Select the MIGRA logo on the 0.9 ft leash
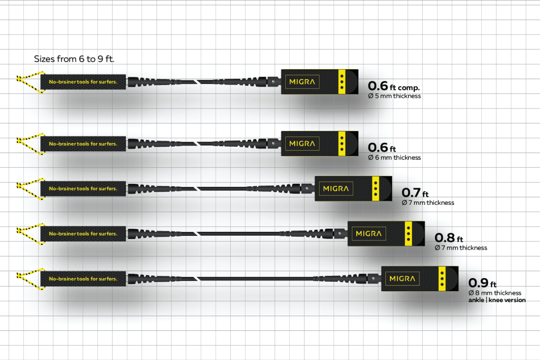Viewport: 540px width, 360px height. tap(402, 279)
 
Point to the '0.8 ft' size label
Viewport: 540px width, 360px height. tap(449, 238)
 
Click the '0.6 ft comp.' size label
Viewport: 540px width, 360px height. tap(394, 86)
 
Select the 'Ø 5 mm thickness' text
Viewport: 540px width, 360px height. tap(394, 96)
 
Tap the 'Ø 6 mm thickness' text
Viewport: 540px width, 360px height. tap(394, 157)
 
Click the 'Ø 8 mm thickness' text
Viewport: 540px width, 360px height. tap(495, 293)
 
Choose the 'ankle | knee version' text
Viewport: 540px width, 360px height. tap(497, 300)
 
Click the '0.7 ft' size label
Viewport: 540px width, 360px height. tap(415, 193)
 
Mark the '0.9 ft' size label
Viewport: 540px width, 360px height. tap(482, 283)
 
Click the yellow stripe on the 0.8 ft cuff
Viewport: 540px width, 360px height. tap(408, 234)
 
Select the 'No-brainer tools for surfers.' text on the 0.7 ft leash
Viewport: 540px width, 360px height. tap(83, 189)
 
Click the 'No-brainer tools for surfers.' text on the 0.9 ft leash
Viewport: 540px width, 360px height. tap(83, 279)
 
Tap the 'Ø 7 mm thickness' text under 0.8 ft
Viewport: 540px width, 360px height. tap(461, 248)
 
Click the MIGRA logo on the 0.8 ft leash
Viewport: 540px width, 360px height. tap(369, 234)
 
